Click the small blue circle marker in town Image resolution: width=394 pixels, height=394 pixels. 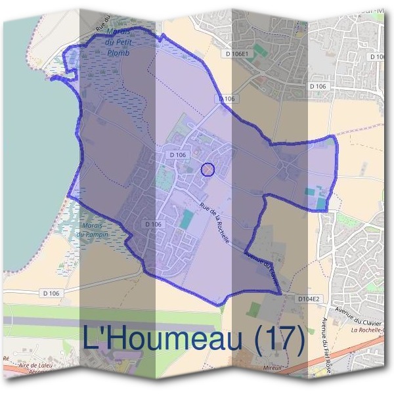(x=208, y=170)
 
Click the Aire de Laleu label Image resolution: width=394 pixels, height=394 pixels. (x=36, y=365)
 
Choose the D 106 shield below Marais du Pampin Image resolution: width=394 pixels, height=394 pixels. (x=51, y=292)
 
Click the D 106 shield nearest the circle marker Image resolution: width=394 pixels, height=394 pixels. (x=178, y=155)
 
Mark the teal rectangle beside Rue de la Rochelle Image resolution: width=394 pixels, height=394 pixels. (x=188, y=219)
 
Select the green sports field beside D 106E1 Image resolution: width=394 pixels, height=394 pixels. (x=261, y=50)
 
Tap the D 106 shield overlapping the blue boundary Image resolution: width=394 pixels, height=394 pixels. (x=225, y=98)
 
